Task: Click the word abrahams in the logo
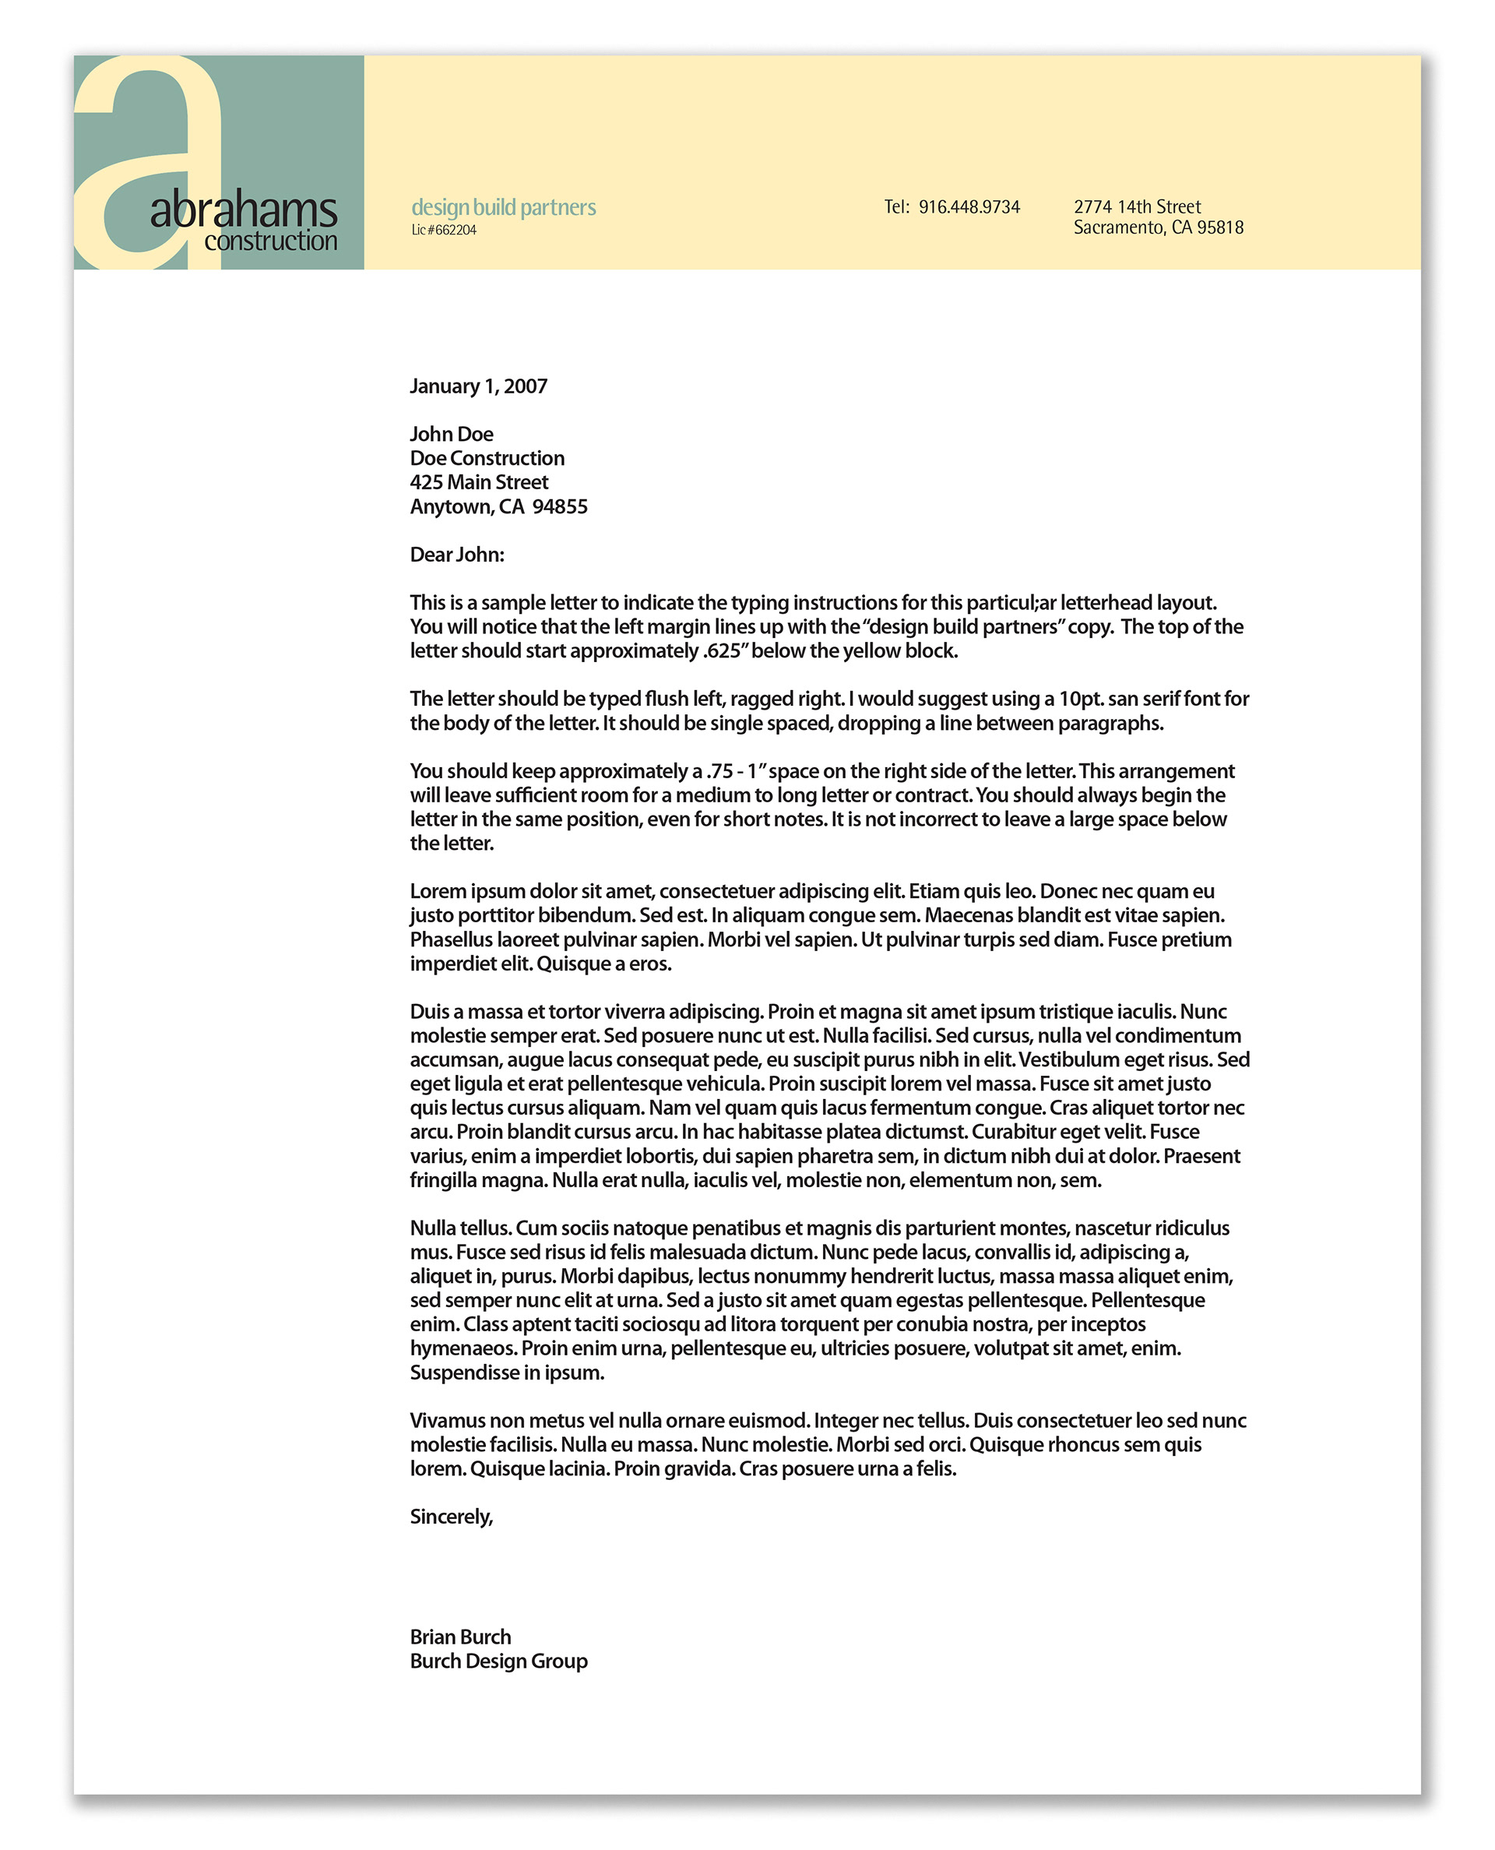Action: [x=244, y=210]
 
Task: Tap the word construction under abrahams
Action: [x=270, y=241]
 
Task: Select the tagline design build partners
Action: [x=503, y=207]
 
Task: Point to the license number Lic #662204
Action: [x=444, y=230]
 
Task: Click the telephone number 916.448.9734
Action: [x=969, y=207]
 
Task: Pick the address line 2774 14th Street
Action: [x=1137, y=206]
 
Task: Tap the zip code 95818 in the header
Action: [x=1220, y=228]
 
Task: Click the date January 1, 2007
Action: [x=478, y=386]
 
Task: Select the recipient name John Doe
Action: [x=452, y=434]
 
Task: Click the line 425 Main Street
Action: [x=479, y=482]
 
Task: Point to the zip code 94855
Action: [x=560, y=506]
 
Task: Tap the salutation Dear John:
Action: [x=456, y=555]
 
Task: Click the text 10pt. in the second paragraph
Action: [x=1082, y=699]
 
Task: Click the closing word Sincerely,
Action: [x=452, y=1517]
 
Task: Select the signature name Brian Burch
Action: [x=460, y=1637]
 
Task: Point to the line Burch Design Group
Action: [x=498, y=1661]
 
